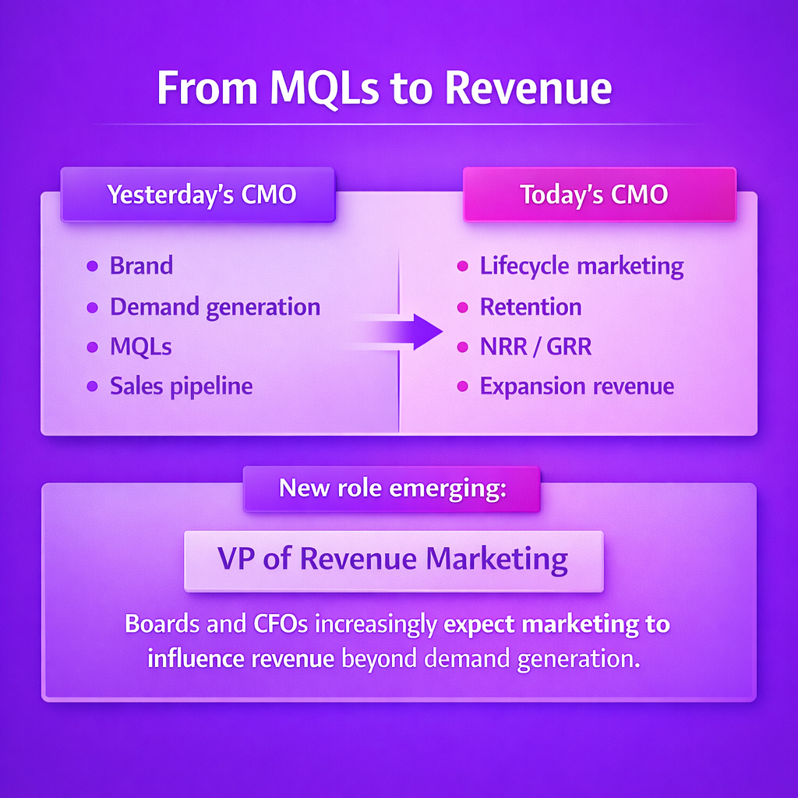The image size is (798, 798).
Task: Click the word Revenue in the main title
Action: coord(529,88)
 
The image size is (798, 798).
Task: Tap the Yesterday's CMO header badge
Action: coord(198,194)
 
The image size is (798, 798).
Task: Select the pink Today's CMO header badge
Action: coord(599,194)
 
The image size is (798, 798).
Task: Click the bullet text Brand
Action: coord(142,266)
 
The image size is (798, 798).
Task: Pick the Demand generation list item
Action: coord(215,307)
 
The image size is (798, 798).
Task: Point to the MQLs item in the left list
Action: coord(141,347)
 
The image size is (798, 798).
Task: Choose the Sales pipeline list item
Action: coord(181,387)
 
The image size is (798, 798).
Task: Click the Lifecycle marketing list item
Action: coord(581,267)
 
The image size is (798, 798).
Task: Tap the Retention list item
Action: coord(531,307)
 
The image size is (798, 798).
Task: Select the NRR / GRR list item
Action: coord(536,347)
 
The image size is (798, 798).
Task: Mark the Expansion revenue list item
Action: coord(577,387)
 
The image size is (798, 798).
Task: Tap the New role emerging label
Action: coord(393,489)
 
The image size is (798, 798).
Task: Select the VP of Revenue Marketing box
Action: coord(394,561)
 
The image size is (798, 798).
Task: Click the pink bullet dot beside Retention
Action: coord(463,307)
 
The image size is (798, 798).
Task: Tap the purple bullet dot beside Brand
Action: coord(92,267)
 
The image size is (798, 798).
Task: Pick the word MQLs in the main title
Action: coord(325,89)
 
